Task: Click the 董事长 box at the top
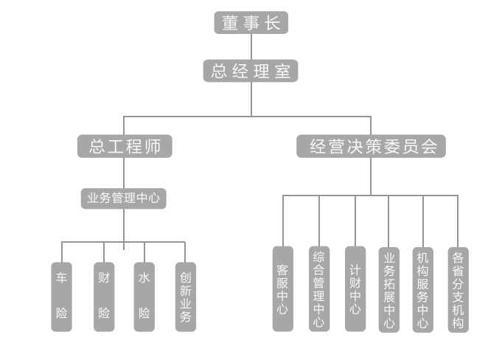(251, 23)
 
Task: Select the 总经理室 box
(251, 71)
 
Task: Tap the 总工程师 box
(125, 146)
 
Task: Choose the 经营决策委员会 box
(372, 146)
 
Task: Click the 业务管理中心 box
(124, 198)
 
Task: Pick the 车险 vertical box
(62, 296)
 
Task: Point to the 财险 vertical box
(104, 296)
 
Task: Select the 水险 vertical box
(144, 296)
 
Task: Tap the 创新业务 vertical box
(186, 296)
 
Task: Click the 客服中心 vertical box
(282, 288)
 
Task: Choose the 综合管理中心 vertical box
(318, 288)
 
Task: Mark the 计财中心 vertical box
(355, 288)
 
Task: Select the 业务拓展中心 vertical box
(389, 289)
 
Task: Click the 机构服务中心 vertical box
(423, 289)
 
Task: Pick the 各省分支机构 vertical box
(458, 289)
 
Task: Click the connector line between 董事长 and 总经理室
(251, 46)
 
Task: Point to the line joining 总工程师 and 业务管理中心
(124, 173)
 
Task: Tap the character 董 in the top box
(230, 23)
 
